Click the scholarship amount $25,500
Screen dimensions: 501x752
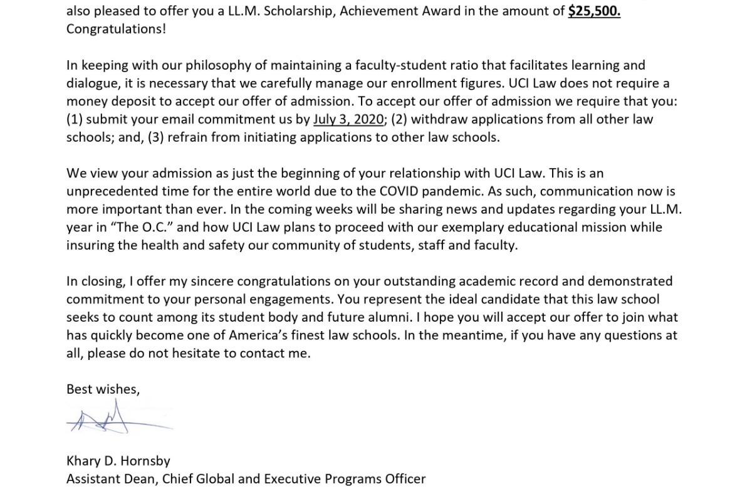[594, 11]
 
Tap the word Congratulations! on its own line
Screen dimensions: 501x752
[117, 29]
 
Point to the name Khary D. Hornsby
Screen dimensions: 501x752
[118, 461]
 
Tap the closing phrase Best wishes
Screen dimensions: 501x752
[103, 389]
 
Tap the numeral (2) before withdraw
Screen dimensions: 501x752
[400, 120]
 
